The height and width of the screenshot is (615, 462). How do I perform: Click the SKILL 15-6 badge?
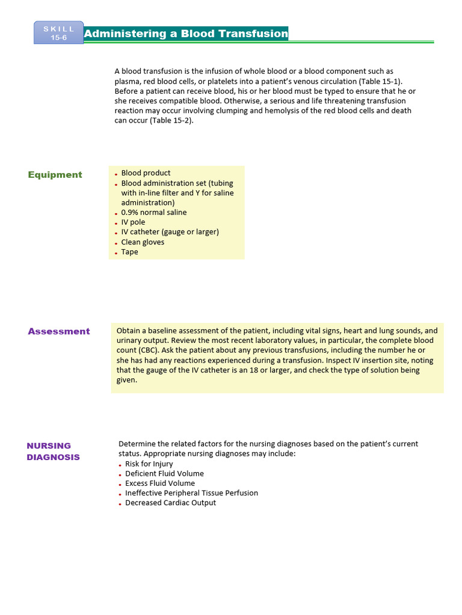(x=59, y=34)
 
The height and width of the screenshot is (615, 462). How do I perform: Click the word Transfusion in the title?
(x=253, y=34)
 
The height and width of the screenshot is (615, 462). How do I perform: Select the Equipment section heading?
(x=55, y=175)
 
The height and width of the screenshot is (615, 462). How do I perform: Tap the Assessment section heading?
(x=58, y=331)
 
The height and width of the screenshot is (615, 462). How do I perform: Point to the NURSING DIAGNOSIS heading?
(x=53, y=451)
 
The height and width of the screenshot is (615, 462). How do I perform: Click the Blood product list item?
(x=146, y=173)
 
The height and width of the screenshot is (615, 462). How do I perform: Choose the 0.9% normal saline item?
(x=154, y=213)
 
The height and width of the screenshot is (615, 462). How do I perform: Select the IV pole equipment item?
(x=133, y=222)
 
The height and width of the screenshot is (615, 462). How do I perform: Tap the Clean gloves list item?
(x=143, y=242)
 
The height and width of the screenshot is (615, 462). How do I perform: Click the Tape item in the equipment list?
(x=129, y=252)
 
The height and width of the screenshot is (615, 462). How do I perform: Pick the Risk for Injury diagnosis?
(x=149, y=464)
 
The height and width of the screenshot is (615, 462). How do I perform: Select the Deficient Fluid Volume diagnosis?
(x=164, y=473)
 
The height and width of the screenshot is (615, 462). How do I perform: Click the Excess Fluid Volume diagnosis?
(x=160, y=483)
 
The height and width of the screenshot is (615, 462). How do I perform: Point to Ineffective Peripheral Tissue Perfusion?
(x=191, y=493)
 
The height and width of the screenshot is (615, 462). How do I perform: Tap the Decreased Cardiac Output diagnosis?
(x=170, y=503)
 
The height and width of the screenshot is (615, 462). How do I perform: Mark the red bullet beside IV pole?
(x=116, y=223)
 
